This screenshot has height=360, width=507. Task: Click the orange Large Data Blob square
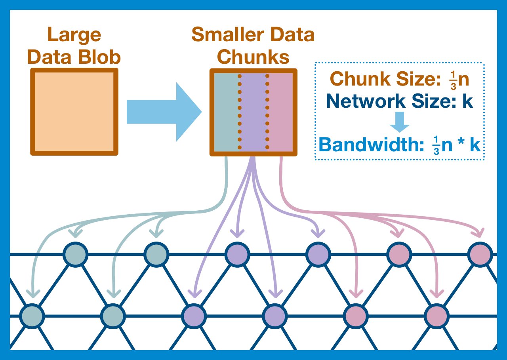[74, 112]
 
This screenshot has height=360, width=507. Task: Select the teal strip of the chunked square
[226, 112]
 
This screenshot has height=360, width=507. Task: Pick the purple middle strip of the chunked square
[253, 112]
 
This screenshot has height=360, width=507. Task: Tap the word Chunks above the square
[253, 58]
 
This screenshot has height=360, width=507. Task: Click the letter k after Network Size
[468, 101]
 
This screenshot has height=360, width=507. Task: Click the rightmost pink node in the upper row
[480, 253]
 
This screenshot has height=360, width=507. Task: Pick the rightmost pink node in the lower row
[437, 316]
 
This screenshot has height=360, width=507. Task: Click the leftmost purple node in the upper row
[236, 253]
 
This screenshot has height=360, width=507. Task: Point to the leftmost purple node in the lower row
[194, 316]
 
